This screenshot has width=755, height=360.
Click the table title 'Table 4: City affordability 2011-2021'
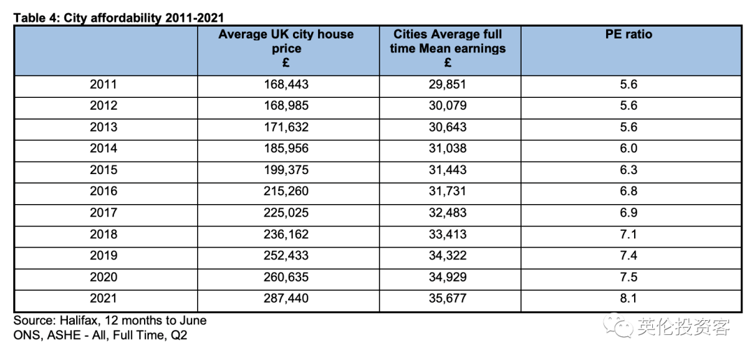coord(118,18)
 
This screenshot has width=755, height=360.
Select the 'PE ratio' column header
coord(629,35)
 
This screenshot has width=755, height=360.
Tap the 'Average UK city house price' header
coord(286,49)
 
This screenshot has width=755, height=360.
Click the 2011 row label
coord(103,85)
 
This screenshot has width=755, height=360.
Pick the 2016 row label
coord(103,191)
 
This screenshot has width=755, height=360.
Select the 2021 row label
coord(103,298)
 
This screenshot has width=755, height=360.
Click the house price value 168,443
coord(286,85)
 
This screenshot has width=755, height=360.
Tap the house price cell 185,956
coord(286,149)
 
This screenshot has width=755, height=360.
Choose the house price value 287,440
coord(286,298)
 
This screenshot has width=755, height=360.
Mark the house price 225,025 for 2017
coord(286,213)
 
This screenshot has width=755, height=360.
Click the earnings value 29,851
coord(448,85)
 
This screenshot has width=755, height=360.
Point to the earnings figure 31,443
coord(448,170)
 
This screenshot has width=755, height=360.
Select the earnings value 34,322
coord(448,256)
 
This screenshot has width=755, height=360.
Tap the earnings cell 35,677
coord(448,298)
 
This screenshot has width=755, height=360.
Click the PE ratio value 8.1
coord(629,298)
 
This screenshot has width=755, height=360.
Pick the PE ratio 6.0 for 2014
coord(629,149)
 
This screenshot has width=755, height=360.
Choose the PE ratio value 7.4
coord(629,256)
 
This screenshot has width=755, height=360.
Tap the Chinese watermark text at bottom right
coord(684,327)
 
